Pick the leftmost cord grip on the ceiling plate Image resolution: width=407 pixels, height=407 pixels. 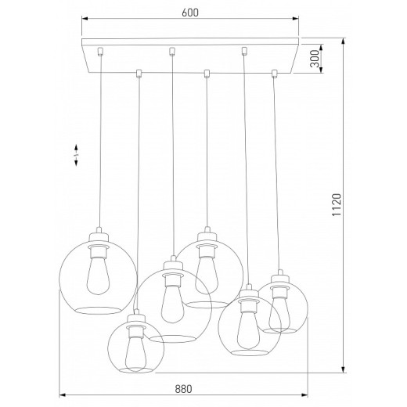click(x=100, y=53)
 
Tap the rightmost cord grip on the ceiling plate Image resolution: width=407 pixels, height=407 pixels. click(x=274, y=74)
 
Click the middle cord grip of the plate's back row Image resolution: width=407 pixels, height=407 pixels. click(x=171, y=53)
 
